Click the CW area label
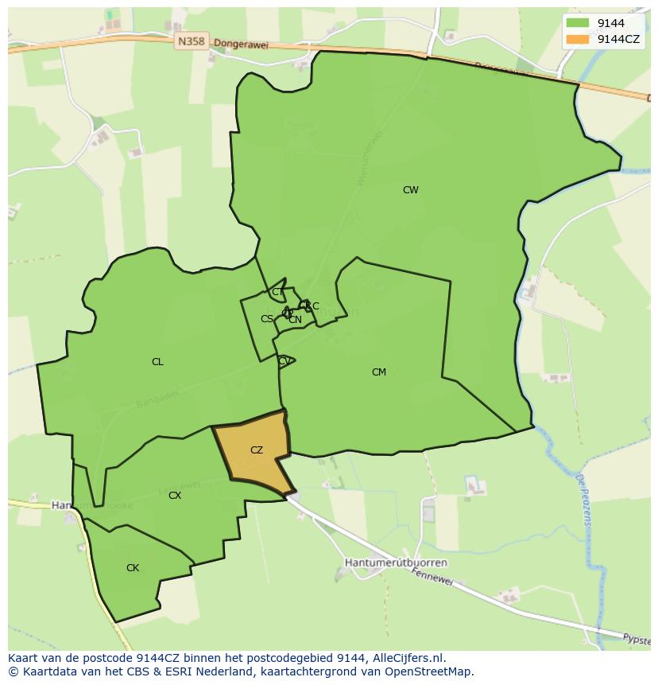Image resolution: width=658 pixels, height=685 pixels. tap(410, 190)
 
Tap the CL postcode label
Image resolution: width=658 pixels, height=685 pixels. tap(157, 362)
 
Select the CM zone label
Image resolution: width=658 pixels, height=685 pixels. tap(378, 372)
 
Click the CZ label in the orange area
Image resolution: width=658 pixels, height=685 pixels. tap(256, 450)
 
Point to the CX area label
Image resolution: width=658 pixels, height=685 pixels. tap(175, 496)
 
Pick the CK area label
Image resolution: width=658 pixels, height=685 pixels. tap(133, 568)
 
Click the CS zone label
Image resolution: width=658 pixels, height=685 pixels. tap(267, 319)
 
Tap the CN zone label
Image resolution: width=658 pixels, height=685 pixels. tap(295, 320)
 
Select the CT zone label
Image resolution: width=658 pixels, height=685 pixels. tap(277, 292)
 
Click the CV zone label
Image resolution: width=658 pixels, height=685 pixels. tap(284, 361)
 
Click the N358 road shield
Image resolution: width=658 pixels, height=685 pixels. tap(192, 41)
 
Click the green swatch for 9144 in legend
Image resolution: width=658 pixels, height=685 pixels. tap(578, 23)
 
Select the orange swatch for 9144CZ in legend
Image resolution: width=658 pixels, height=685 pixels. tap(578, 39)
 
